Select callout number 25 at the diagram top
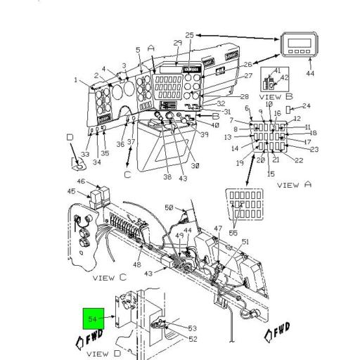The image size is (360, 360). point(189,35)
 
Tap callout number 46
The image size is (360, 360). point(80,181)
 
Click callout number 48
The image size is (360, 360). point(136,265)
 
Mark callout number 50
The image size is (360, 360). point(169,207)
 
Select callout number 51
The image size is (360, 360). point(245,242)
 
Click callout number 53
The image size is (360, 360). point(193,328)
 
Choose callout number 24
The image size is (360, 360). point(306,106)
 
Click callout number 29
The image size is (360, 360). point(178,44)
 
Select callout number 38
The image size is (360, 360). point(167,177)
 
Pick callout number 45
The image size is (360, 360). point(71,192)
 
